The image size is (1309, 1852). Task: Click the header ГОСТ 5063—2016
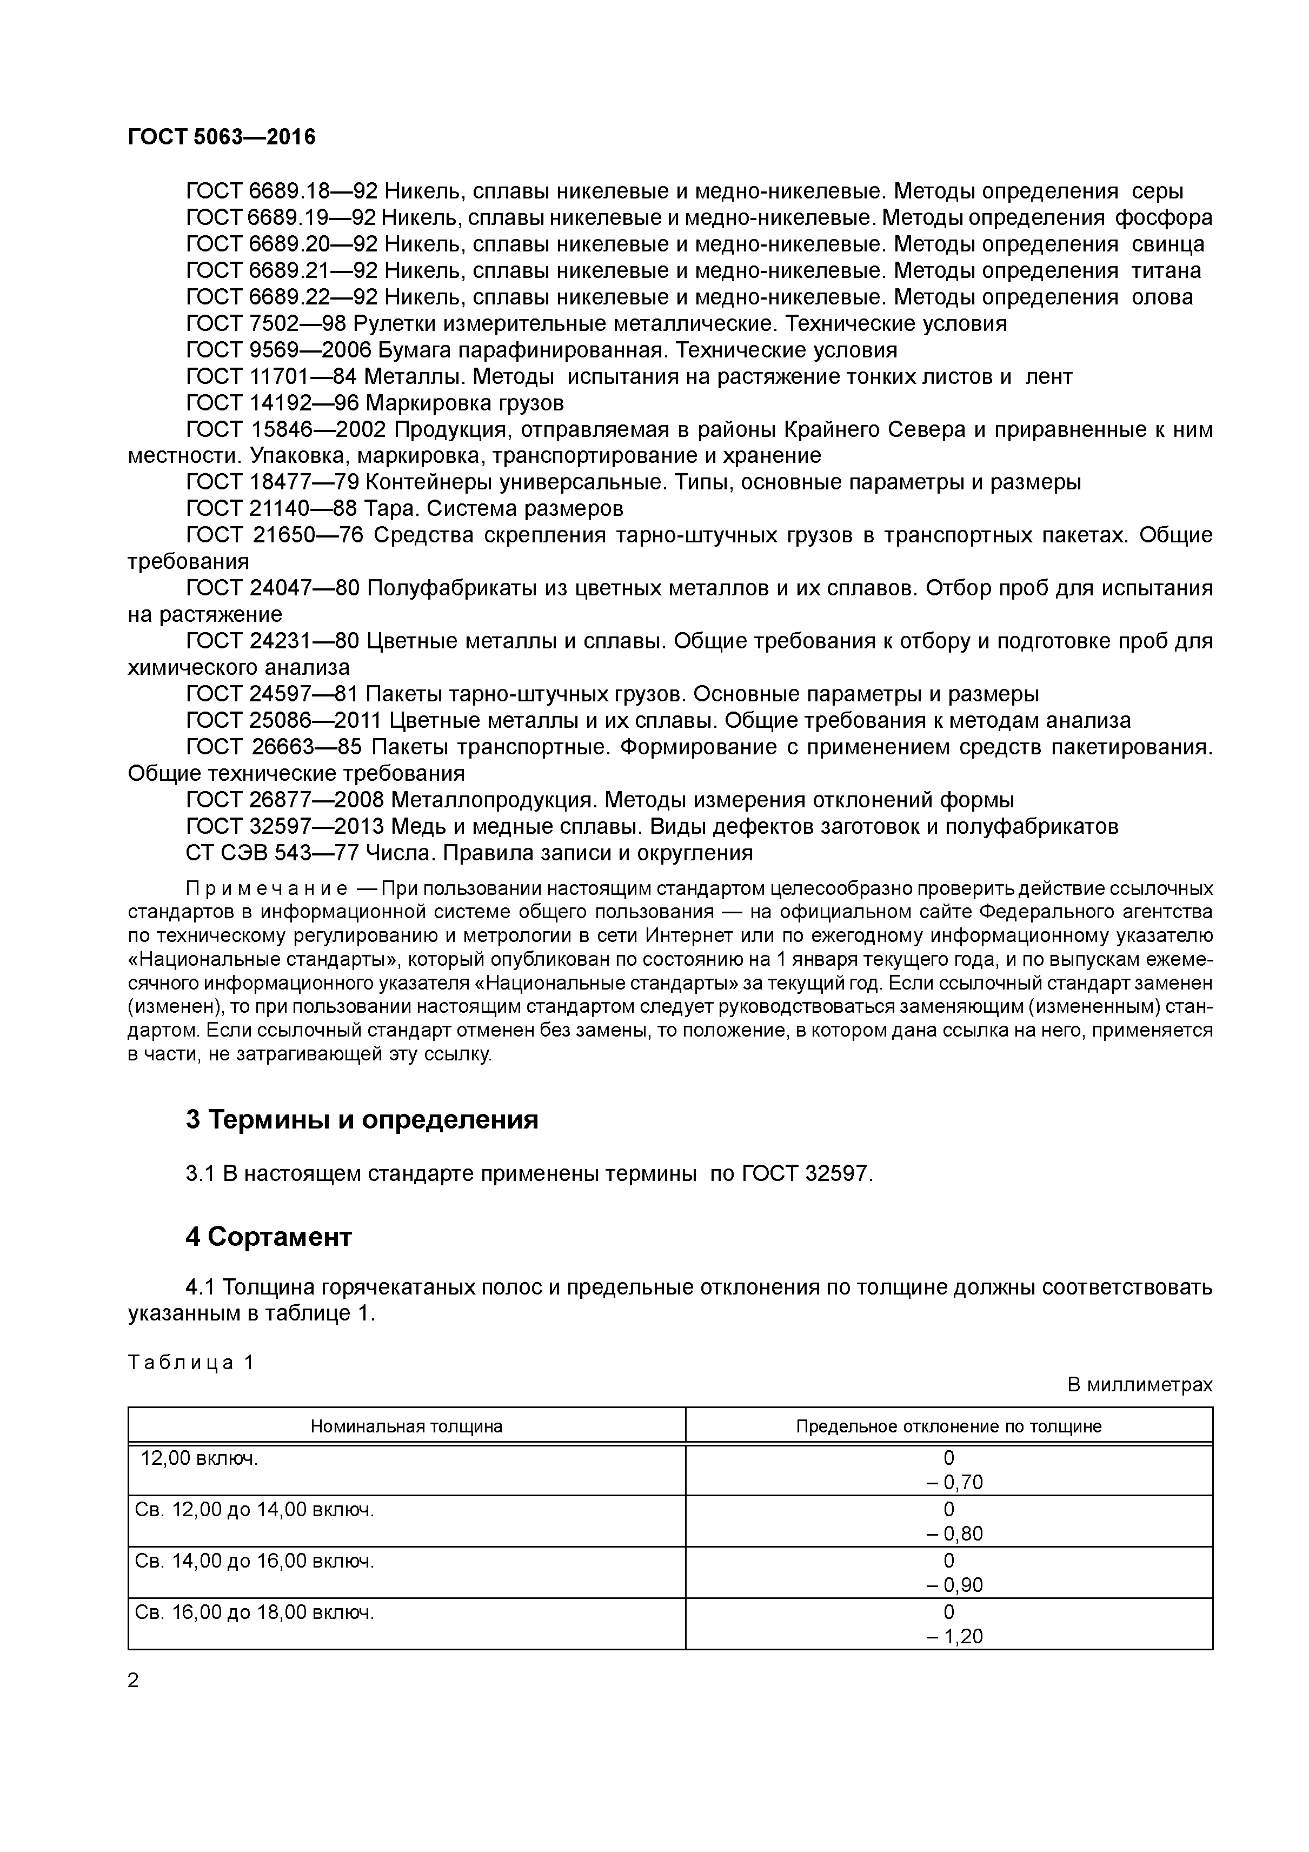[x=222, y=137]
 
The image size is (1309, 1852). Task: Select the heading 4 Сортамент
[x=269, y=1237]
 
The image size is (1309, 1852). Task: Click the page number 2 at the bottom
[x=134, y=1680]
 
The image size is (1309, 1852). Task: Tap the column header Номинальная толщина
[x=407, y=1426]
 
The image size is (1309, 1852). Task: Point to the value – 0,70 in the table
[x=954, y=1483]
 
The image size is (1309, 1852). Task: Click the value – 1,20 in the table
[x=954, y=1637]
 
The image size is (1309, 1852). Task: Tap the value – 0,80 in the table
[x=954, y=1534]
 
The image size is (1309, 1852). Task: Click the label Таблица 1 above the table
[x=191, y=1363]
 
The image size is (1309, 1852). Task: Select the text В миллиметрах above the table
[x=1140, y=1385]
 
